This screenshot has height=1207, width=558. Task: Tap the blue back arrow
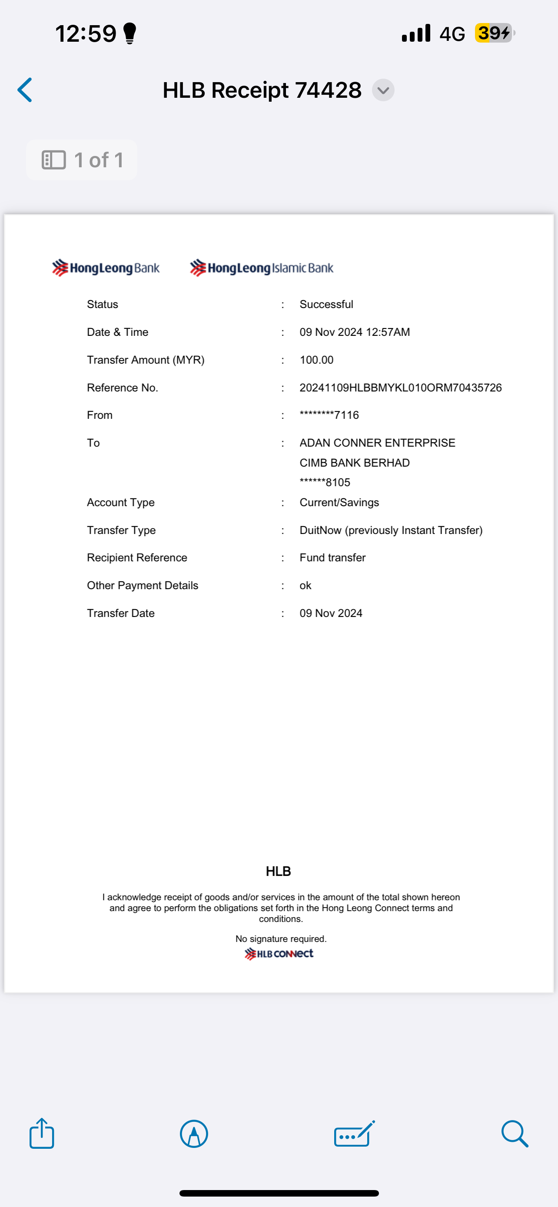[x=25, y=90]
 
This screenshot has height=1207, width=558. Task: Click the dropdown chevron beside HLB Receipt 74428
[x=383, y=90]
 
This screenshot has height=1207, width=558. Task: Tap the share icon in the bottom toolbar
[x=42, y=1134]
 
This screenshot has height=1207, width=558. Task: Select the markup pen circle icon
[x=194, y=1134]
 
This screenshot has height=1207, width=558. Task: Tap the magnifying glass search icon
[x=515, y=1134]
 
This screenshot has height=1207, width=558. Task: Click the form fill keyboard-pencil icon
[x=354, y=1134]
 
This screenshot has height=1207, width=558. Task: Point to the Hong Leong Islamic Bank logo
[x=262, y=268]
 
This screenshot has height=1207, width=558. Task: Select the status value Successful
[x=326, y=305]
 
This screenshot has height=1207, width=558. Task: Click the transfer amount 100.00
[x=316, y=360]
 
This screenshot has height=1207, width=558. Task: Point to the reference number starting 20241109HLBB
[x=400, y=388]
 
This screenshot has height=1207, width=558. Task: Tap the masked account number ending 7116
[x=329, y=415]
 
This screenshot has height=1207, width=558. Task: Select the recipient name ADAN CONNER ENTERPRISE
[x=377, y=443]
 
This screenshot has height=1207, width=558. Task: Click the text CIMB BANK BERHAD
[x=354, y=463]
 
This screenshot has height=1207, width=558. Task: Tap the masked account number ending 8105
[x=325, y=483]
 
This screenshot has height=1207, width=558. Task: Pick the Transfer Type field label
[x=121, y=530]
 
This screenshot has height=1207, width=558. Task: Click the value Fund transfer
[x=332, y=557]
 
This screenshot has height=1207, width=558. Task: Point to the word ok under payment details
[x=305, y=586]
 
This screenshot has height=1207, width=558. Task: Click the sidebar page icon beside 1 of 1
[x=54, y=160]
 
